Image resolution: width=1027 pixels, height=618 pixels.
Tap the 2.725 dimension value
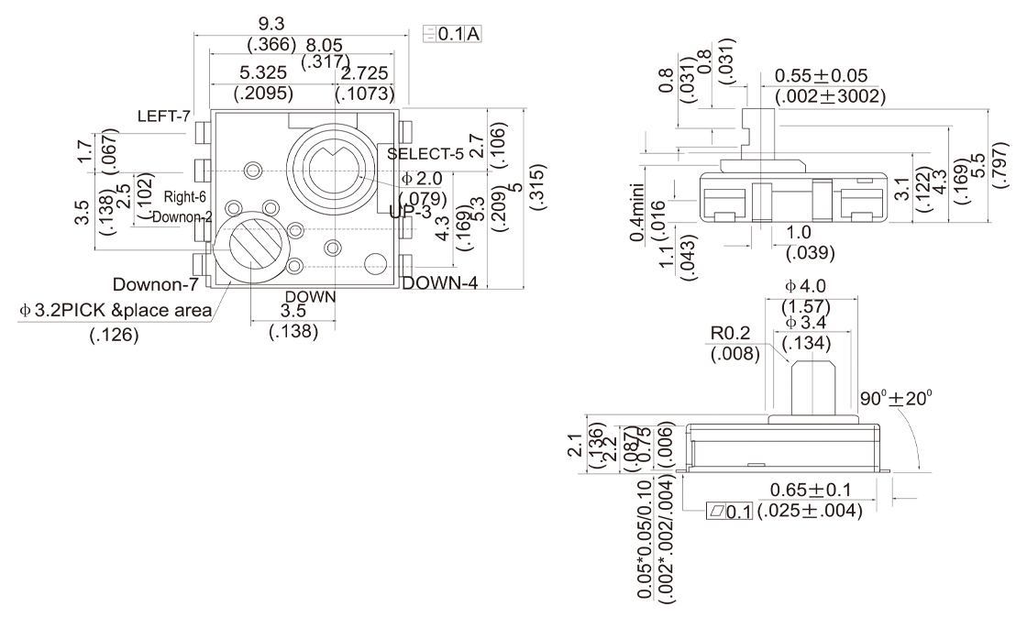tap(365, 72)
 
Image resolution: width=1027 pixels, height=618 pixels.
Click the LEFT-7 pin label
tap(164, 116)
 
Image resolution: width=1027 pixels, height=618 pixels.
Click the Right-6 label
tap(184, 196)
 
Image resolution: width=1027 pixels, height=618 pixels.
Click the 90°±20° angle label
tap(896, 400)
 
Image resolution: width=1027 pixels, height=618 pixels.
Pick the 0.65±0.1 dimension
tap(811, 491)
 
